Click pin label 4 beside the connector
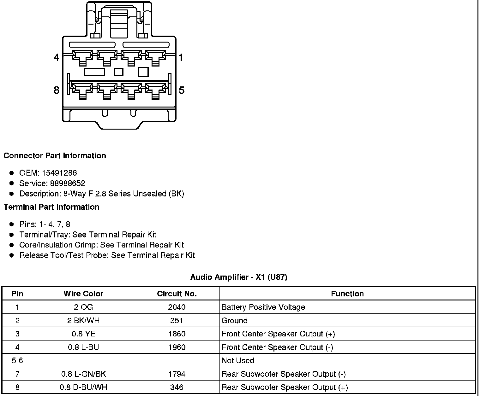pos(56,57)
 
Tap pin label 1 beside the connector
pos(181,57)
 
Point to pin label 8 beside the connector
pos(56,90)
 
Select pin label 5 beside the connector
pos(181,90)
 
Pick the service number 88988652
pos(68,183)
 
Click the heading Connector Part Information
pos(55,156)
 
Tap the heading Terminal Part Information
pos(51,207)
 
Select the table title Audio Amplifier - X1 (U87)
pos(239,277)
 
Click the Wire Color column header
pos(83,294)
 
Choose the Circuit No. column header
pos(177,294)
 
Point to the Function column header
pos(347,294)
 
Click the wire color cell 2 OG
pos(83,307)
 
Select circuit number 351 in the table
pos(177,320)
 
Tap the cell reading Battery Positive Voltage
pos(263,307)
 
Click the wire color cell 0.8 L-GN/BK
pos(83,374)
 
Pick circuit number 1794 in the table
pos(177,374)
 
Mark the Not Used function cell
pos(238,360)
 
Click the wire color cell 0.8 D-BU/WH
pos(83,387)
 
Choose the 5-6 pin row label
pos(17,360)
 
